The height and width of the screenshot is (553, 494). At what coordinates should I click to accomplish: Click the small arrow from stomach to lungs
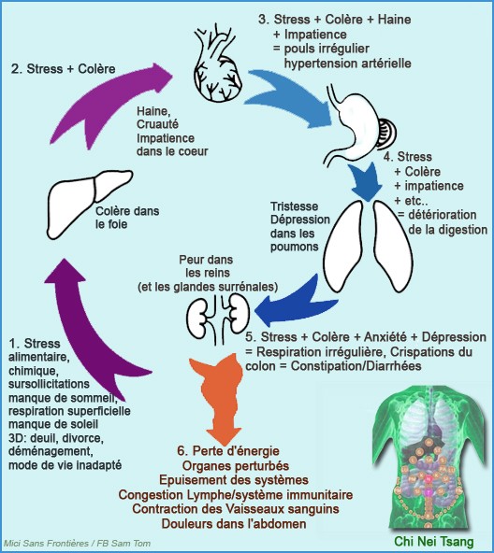[x=365, y=181]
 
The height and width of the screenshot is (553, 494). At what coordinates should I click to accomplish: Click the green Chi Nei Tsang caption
[x=434, y=542]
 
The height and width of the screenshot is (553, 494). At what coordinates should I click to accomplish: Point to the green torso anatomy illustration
[x=429, y=459]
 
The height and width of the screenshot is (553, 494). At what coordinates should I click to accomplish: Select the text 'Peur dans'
[x=206, y=260]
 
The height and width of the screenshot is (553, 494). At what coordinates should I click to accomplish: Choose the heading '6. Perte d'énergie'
[x=228, y=451]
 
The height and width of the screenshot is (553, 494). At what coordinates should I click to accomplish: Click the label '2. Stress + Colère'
[x=64, y=69]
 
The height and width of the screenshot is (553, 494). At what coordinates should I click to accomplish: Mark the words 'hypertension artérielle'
[x=348, y=64]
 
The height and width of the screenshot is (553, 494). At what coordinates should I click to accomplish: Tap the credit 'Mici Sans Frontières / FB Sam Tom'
[x=78, y=544]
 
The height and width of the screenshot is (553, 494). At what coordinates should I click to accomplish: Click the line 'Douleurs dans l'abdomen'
[x=234, y=524]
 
